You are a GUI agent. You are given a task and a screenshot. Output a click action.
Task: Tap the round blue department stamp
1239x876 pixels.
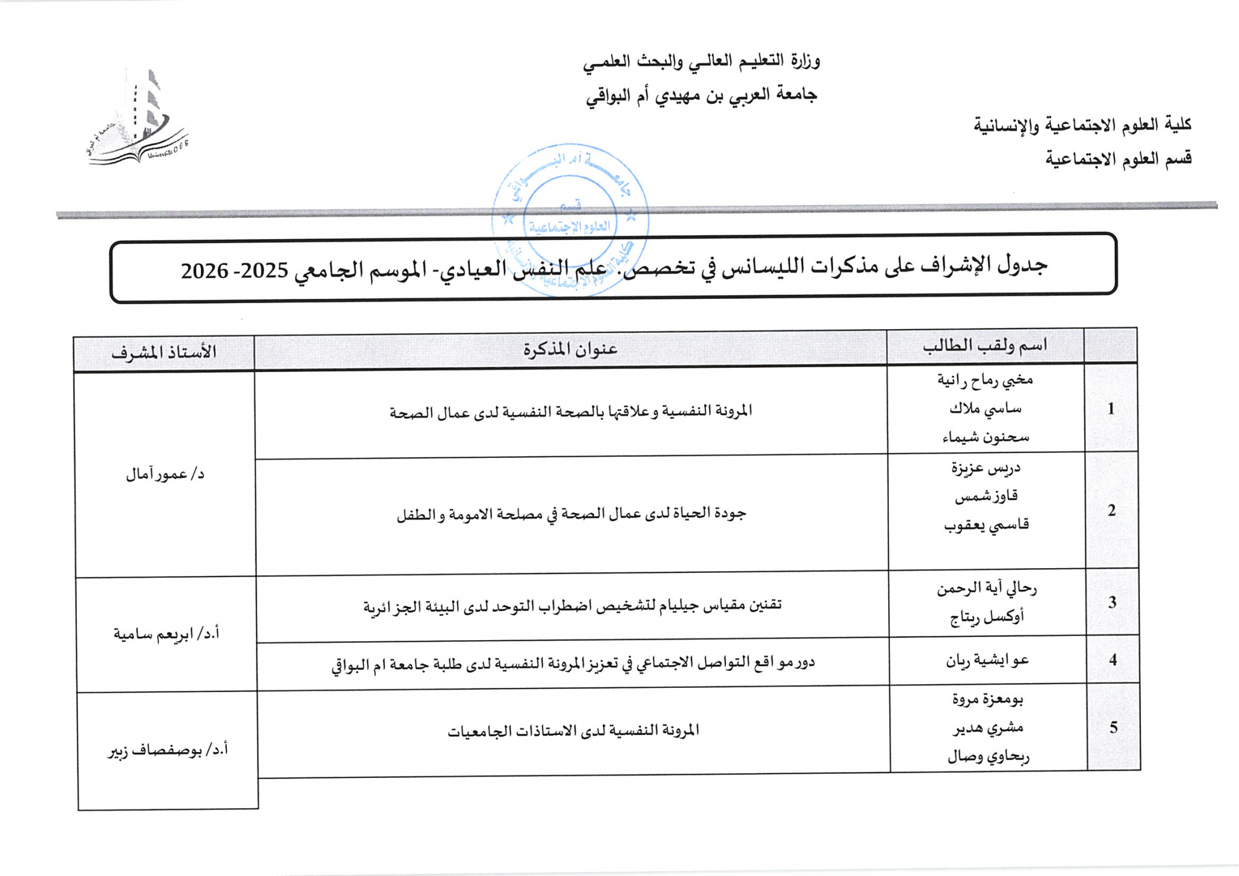(x=570, y=219)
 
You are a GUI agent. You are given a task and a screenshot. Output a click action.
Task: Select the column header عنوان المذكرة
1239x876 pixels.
(x=570, y=349)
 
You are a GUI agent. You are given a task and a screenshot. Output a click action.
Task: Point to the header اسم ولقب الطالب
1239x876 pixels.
(x=984, y=346)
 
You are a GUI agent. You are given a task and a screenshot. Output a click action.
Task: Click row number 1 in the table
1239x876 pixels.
(x=1111, y=409)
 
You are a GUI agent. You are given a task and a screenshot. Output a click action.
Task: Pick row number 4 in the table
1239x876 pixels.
(x=1113, y=660)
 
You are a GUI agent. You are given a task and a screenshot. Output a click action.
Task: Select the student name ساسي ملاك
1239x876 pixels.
(x=985, y=409)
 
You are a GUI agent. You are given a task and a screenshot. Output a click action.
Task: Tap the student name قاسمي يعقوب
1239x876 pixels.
(x=986, y=525)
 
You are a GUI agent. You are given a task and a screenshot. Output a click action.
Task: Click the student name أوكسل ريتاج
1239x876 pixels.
(x=987, y=617)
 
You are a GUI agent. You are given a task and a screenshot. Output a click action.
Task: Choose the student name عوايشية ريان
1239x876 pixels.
(x=987, y=661)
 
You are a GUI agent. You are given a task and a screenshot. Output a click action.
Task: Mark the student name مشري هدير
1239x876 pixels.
(x=988, y=728)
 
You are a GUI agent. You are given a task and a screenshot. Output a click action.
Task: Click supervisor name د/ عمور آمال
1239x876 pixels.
(x=165, y=474)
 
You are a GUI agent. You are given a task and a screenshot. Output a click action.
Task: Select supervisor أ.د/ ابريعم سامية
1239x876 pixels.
(x=166, y=634)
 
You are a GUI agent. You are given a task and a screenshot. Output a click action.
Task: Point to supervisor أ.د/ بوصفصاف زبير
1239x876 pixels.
(x=168, y=750)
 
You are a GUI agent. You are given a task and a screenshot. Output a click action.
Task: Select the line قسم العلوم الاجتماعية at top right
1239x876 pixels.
(x=1118, y=159)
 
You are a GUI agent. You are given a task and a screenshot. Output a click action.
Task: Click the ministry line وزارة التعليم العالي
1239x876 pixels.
(x=701, y=61)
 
